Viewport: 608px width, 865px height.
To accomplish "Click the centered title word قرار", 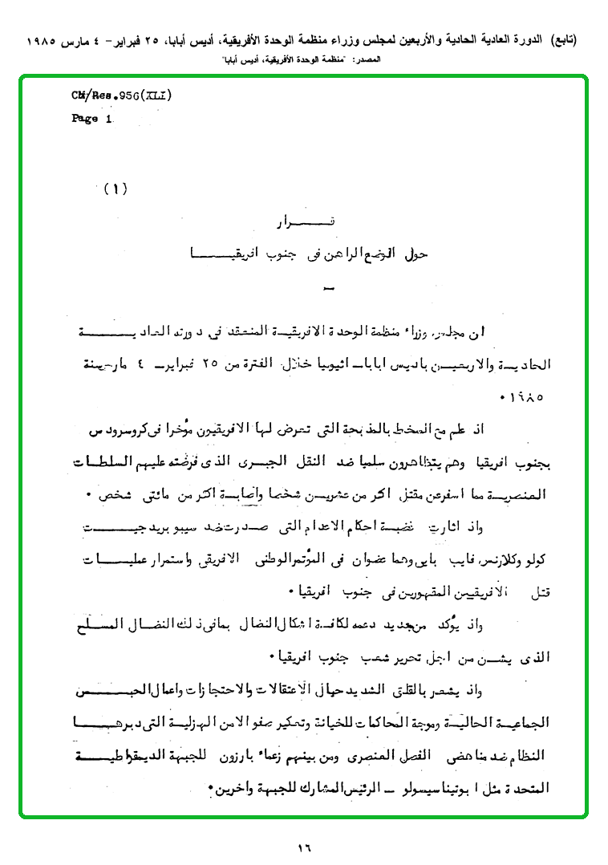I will [x=303, y=222].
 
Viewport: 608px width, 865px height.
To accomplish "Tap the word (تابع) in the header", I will [x=561, y=40].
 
